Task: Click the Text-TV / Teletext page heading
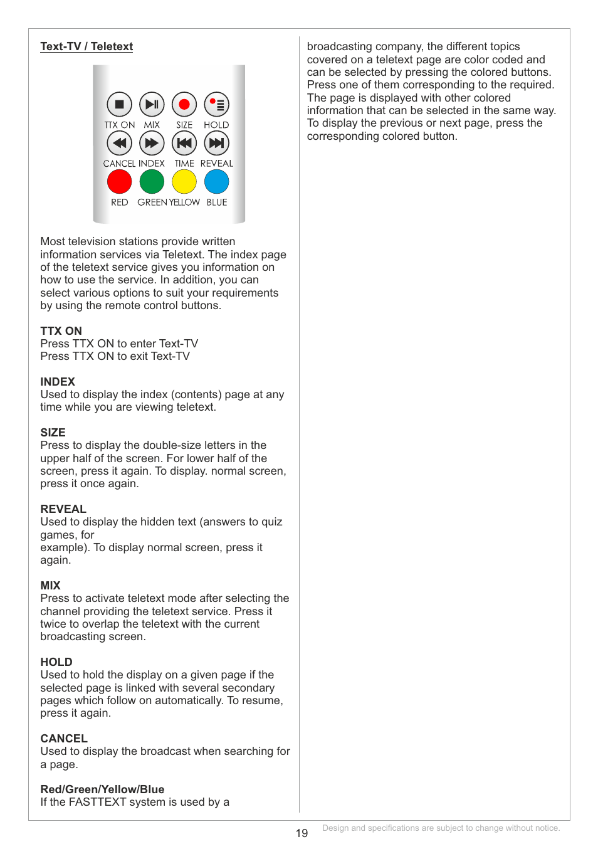point(87,46)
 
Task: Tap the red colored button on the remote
point(119,182)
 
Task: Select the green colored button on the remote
point(152,182)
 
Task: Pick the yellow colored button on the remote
point(184,182)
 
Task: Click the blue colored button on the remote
point(217,182)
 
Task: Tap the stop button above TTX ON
point(119,105)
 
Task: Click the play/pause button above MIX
point(152,105)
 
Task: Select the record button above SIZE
point(184,105)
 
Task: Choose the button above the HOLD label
point(217,105)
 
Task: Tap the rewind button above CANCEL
point(119,143)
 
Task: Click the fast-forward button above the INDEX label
point(152,143)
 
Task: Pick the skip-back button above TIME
point(184,143)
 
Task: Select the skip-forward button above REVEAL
point(217,143)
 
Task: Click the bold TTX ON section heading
point(61,331)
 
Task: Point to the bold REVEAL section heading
point(63,509)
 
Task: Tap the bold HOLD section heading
point(56,662)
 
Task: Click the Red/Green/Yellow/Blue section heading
point(102,789)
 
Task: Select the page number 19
point(302,833)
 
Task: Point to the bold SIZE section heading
point(53,433)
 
